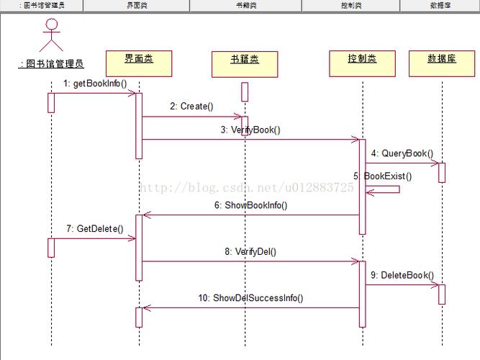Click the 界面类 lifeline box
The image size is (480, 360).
(x=139, y=63)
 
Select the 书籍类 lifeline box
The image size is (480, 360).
(x=244, y=63)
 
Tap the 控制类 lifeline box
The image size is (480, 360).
(x=362, y=63)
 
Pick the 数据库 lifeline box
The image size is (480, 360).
(x=442, y=63)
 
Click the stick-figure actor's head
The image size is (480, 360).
(x=50, y=24)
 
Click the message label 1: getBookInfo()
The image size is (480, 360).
(x=95, y=84)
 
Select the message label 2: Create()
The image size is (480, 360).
(x=191, y=107)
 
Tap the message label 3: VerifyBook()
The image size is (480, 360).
(x=250, y=130)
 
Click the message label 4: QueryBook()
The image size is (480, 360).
(x=402, y=153)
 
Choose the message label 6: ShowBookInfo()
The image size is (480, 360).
(x=250, y=205)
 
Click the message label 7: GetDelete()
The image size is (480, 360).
(x=94, y=229)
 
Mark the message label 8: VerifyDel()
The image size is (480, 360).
(x=250, y=252)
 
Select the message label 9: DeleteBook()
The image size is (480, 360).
(x=402, y=275)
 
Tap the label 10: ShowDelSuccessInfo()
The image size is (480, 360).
(x=250, y=298)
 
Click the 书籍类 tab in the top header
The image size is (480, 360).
(x=245, y=5)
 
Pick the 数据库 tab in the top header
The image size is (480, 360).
(x=440, y=5)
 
